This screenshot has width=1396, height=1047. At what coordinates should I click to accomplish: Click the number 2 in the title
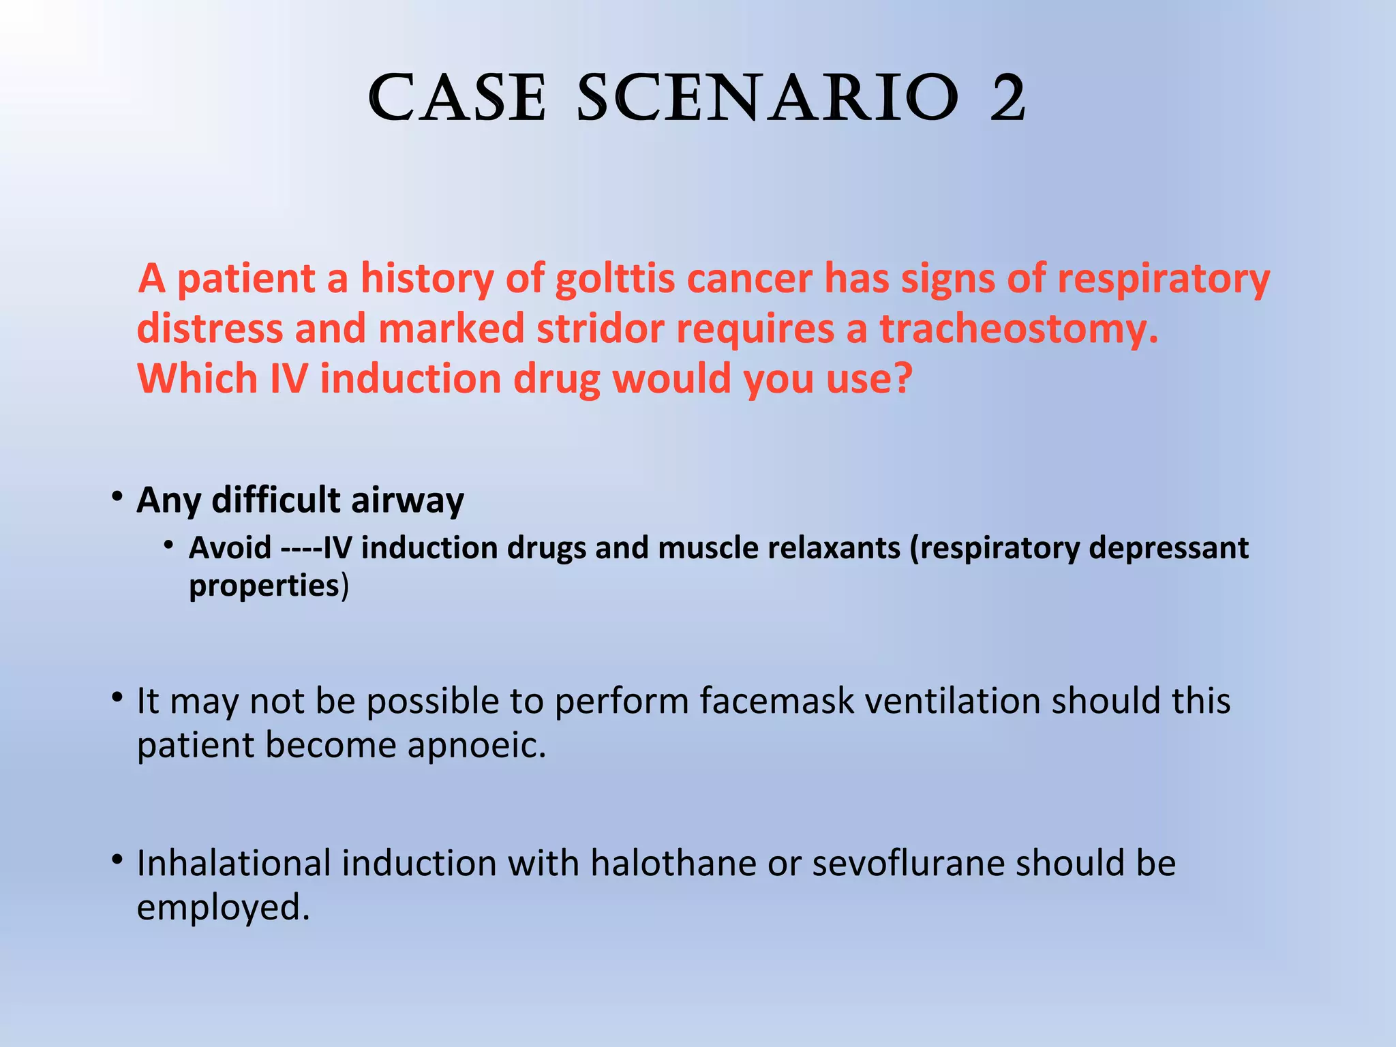pos(1007,99)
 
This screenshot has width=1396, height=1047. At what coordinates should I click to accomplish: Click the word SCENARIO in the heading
pos(768,99)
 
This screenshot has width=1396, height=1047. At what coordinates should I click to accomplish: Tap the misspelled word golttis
pos(615,279)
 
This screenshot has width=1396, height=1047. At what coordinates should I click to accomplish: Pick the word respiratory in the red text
pos(1163,279)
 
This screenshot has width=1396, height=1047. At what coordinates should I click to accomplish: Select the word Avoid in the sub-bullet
pos(230,548)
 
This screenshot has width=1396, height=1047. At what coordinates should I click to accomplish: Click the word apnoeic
pos(476,745)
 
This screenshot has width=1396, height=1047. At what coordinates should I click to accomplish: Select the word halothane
pos(673,863)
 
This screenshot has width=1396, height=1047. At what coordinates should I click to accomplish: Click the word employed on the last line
pos(223,907)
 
